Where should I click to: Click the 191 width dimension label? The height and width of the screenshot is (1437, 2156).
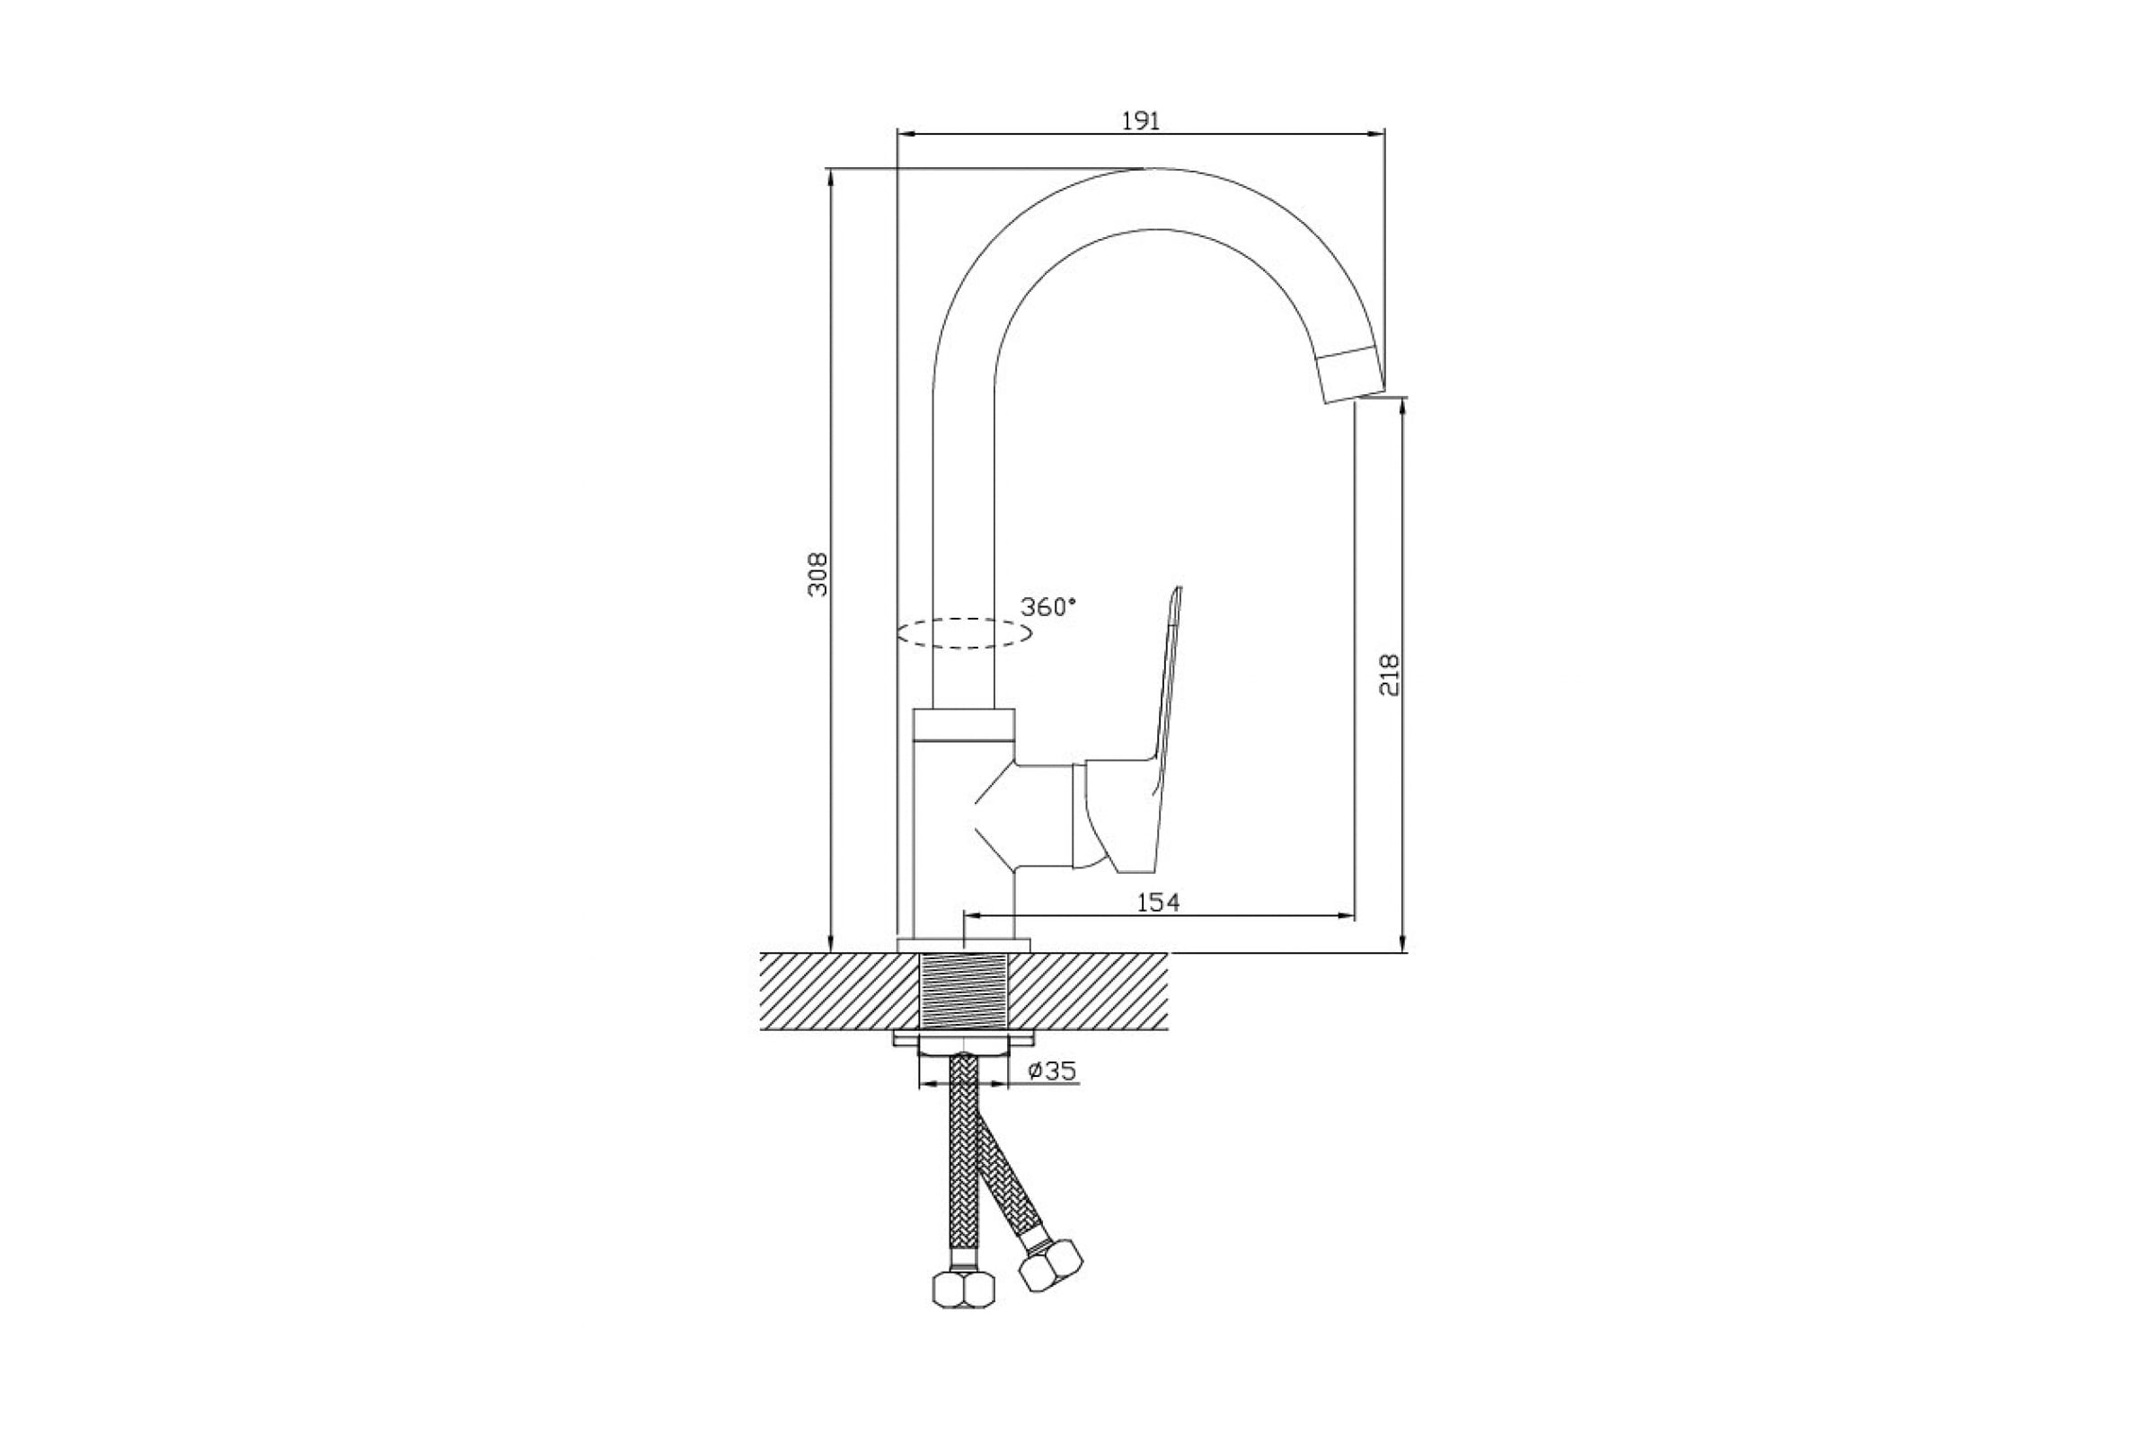tap(1141, 121)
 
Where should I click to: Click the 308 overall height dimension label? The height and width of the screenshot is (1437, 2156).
tap(817, 574)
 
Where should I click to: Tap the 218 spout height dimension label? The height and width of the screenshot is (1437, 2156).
tap(1390, 675)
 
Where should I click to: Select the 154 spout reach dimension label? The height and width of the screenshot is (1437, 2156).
tap(1159, 902)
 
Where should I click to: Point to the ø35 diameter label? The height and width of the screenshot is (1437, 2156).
tap(1052, 1070)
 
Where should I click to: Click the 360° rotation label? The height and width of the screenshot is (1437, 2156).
tap(1048, 607)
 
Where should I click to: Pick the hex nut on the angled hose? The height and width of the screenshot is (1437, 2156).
tap(1051, 1265)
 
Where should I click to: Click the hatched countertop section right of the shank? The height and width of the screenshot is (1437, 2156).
tap(1088, 992)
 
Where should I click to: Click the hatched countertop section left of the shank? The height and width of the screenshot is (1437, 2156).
tap(840, 992)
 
